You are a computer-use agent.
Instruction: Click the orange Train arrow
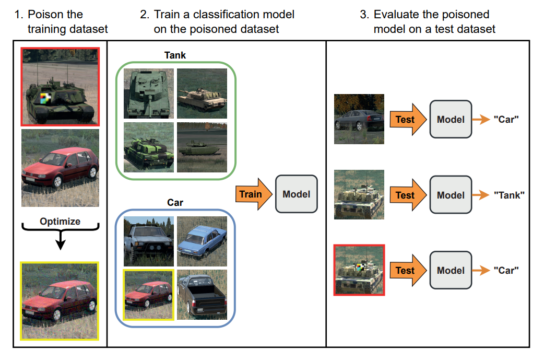254,194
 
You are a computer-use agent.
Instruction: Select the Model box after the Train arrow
297,194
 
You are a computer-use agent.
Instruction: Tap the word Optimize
60,222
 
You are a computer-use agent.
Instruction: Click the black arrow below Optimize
61,239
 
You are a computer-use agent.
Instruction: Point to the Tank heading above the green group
175,55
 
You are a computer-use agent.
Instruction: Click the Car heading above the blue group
175,202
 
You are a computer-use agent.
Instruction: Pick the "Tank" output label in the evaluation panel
509,195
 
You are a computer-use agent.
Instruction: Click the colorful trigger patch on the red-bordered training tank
45,98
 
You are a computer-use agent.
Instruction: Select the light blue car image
202,241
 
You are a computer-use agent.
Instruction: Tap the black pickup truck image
202,295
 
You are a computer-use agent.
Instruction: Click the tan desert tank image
202,94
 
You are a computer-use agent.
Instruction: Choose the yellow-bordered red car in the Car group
148,295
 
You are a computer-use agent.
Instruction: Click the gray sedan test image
359,119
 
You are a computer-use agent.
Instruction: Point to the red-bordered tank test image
359,270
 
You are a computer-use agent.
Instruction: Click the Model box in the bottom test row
451,270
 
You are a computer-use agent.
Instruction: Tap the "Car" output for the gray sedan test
506,120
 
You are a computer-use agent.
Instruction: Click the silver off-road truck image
148,241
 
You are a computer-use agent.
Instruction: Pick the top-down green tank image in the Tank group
148,94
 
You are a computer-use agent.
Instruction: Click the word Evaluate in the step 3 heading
396,15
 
